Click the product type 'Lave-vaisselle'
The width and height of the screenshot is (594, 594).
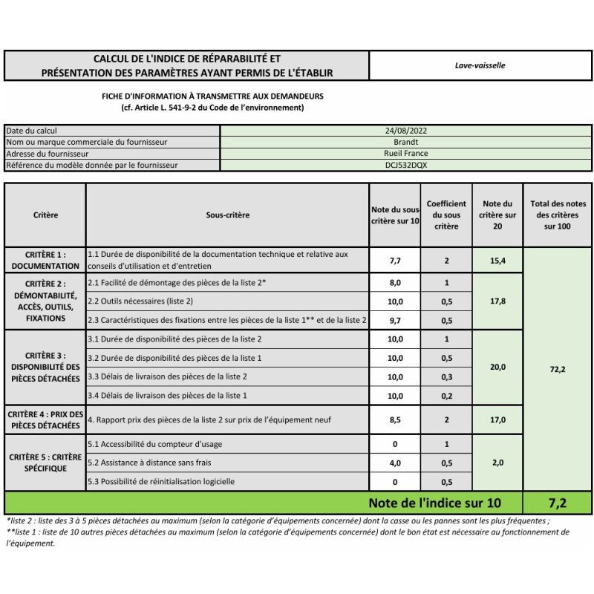pyautogui.click(x=480, y=65)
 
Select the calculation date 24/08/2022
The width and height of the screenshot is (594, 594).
pyautogui.click(x=406, y=131)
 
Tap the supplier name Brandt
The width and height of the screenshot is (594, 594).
pyautogui.click(x=406, y=142)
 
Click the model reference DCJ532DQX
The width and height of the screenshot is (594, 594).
pyautogui.click(x=406, y=165)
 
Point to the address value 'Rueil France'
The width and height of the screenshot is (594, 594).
pyautogui.click(x=406, y=154)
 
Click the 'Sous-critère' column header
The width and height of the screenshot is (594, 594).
pyautogui.click(x=227, y=215)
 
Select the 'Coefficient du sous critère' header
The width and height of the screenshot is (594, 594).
pyautogui.click(x=446, y=215)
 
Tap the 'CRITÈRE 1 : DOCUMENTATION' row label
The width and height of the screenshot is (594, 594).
pyautogui.click(x=45, y=260)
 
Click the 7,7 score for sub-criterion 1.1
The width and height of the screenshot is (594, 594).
pyautogui.click(x=395, y=261)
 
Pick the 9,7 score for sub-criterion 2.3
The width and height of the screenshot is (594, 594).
pyautogui.click(x=395, y=321)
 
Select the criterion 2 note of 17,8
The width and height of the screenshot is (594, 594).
pyautogui.click(x=498, y=301)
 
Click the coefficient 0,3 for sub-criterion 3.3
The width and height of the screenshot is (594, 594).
pyautogui.click(x=446, y=377)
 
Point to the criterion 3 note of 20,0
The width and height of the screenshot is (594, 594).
pyautogui.click(x=498, y=368)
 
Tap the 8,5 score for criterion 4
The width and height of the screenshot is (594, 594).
pyautogui.click(x=395, y=420)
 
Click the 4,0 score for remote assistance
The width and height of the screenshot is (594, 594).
pyautogui.click(x=395, y=463)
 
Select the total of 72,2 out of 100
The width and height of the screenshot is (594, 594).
pyautogui.click(x=558, y=369)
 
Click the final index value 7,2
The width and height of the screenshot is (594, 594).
pyautogui.click(x=558, y=503)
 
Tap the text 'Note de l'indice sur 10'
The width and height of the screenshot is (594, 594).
pyautogui.click(x=434, y=503)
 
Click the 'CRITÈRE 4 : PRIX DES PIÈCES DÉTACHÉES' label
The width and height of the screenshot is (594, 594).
pyautogui.click(x=45, y=420)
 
